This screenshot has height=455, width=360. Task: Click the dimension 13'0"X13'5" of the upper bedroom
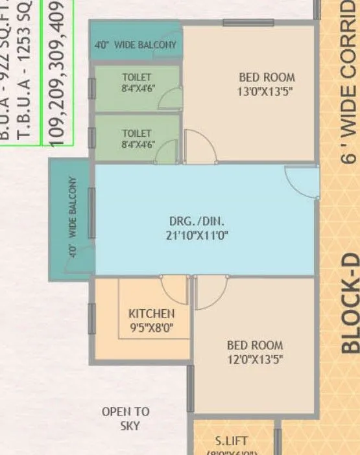tap(265, 91)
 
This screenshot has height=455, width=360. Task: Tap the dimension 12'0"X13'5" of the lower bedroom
tap(255, 359)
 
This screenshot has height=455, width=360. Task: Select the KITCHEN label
tap(151, 314)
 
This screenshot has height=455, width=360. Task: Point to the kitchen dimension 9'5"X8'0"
tap(151, 327)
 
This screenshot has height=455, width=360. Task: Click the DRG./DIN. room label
tap(204, 221)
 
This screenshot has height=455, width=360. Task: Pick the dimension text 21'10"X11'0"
tap(204, 235)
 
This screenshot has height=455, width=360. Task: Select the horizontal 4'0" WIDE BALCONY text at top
tap(136, 45)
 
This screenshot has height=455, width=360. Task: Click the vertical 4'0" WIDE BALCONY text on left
tap(73, 218)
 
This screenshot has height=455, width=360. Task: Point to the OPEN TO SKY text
tap(125, 419)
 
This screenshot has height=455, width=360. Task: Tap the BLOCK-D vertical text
tap(350, 302)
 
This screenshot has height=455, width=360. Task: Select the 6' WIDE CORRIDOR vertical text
tap(350, 84)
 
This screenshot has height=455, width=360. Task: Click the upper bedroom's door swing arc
tap(200, 146)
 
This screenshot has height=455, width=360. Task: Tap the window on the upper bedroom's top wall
tap(239, 23)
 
